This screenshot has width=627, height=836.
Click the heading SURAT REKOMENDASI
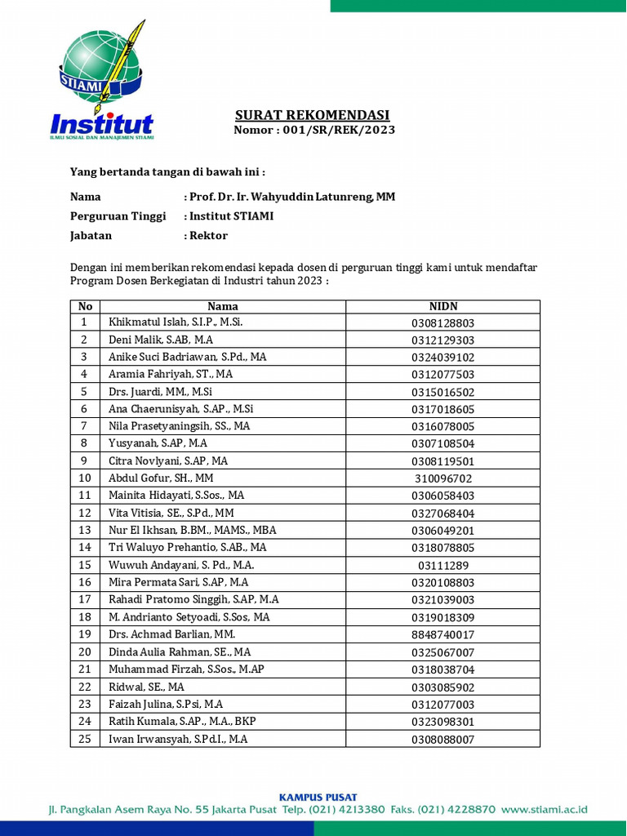[313, 115]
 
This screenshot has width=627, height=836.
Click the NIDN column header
[442, 306]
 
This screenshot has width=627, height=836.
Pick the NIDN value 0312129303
[442, 340]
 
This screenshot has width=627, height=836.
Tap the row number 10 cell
[85, 478]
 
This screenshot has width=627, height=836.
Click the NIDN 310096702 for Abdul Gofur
[442, 479]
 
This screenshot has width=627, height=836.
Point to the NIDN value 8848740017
[442, 635]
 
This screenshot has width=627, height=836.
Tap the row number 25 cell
[85, 739]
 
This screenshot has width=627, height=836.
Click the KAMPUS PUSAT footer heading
[318, 797]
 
